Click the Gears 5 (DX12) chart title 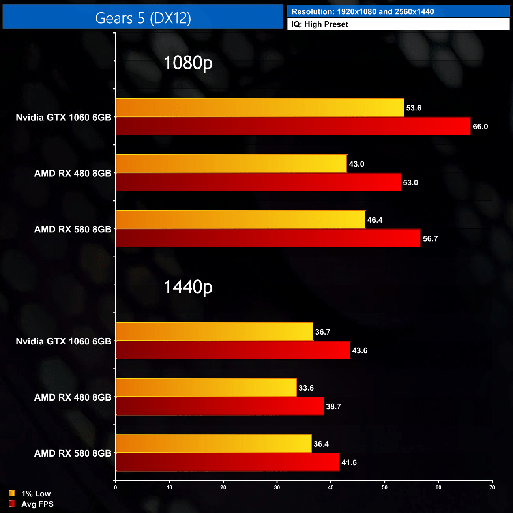(143, 18)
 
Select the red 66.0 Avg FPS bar (293, 126)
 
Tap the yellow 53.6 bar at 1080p (260, 108)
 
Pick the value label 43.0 (356, 164)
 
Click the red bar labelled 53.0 (258, 182)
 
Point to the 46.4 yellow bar (240, 220)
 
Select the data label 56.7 (430, 239)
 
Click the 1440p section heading (188, 287)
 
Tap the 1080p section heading (188, 63)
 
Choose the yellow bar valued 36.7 (214, 331)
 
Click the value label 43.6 (359, 351)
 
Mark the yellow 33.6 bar (206, 388)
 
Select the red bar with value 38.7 (220, 406)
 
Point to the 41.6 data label (349, 463)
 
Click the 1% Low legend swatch (12, 493)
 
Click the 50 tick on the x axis (384, 487)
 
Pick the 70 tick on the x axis (492, 487)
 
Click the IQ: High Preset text (320, 24)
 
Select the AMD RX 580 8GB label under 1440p (73, 453)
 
